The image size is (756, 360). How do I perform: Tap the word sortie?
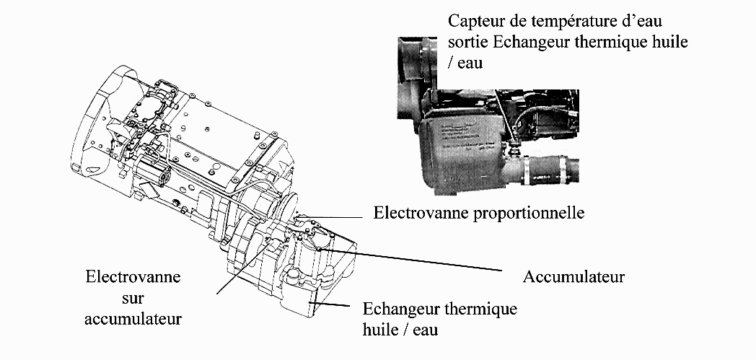[467, 42]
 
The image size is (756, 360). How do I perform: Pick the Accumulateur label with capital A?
[574, 276]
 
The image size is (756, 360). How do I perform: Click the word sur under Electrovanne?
[133, 297]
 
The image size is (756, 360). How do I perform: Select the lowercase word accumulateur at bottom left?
[133, 317]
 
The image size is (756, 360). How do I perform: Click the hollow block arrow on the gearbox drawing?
[149, 192]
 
